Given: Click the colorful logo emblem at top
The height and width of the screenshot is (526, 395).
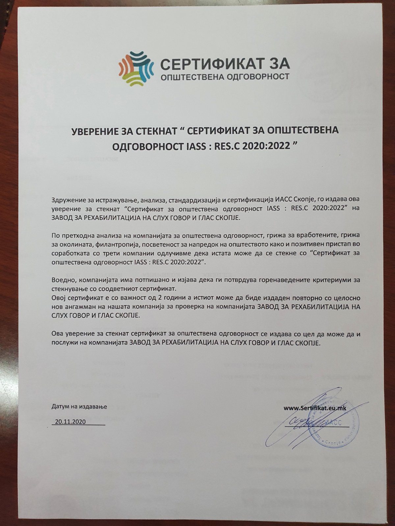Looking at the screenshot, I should (x=136, y=69).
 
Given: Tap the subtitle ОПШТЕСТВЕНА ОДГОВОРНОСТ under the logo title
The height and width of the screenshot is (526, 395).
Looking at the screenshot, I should (x=224, y=77).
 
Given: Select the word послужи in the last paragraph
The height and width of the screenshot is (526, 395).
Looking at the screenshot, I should (x=63, y=343).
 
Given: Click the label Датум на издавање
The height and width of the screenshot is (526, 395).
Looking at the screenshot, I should (x=79, y=407).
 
